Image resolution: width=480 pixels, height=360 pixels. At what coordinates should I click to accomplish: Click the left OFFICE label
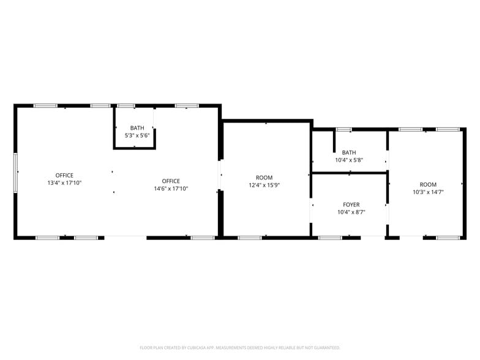pos(64,175)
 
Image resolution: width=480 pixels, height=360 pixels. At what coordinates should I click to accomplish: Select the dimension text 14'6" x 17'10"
pos(171,189)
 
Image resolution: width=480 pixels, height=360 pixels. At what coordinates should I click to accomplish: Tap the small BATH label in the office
pos(137,128)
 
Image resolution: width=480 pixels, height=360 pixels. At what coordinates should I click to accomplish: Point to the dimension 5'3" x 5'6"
pos(137,135)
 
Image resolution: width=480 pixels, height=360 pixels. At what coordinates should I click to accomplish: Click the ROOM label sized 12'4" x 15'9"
pos(264,178)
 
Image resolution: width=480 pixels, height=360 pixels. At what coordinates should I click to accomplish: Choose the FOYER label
pos(351,204)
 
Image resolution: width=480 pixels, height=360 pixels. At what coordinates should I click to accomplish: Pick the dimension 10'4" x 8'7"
pos(351,212)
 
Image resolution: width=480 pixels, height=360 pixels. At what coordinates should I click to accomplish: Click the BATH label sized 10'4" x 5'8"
pos(349,152)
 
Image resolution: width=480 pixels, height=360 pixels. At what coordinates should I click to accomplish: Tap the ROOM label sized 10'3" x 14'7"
pos(428,184)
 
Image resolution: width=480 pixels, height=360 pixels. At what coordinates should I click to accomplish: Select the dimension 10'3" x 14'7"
pos(428,192)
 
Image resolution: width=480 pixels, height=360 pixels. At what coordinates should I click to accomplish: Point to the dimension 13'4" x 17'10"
pos(64,182)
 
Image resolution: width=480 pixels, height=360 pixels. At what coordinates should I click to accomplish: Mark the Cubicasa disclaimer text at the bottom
pos(240,347)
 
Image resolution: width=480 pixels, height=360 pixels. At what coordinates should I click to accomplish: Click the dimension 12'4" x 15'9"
pos(264,185)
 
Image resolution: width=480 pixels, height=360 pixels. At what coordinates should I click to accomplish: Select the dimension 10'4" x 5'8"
pos(349,160)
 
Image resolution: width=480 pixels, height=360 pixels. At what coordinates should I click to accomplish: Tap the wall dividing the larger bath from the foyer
pos(349,173)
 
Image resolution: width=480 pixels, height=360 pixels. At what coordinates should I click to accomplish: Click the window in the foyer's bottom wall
pos(330,237)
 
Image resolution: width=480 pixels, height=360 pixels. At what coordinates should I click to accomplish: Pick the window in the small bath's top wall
pos(126,106)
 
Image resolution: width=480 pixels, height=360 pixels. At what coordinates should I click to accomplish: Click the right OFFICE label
pos(171,181)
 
